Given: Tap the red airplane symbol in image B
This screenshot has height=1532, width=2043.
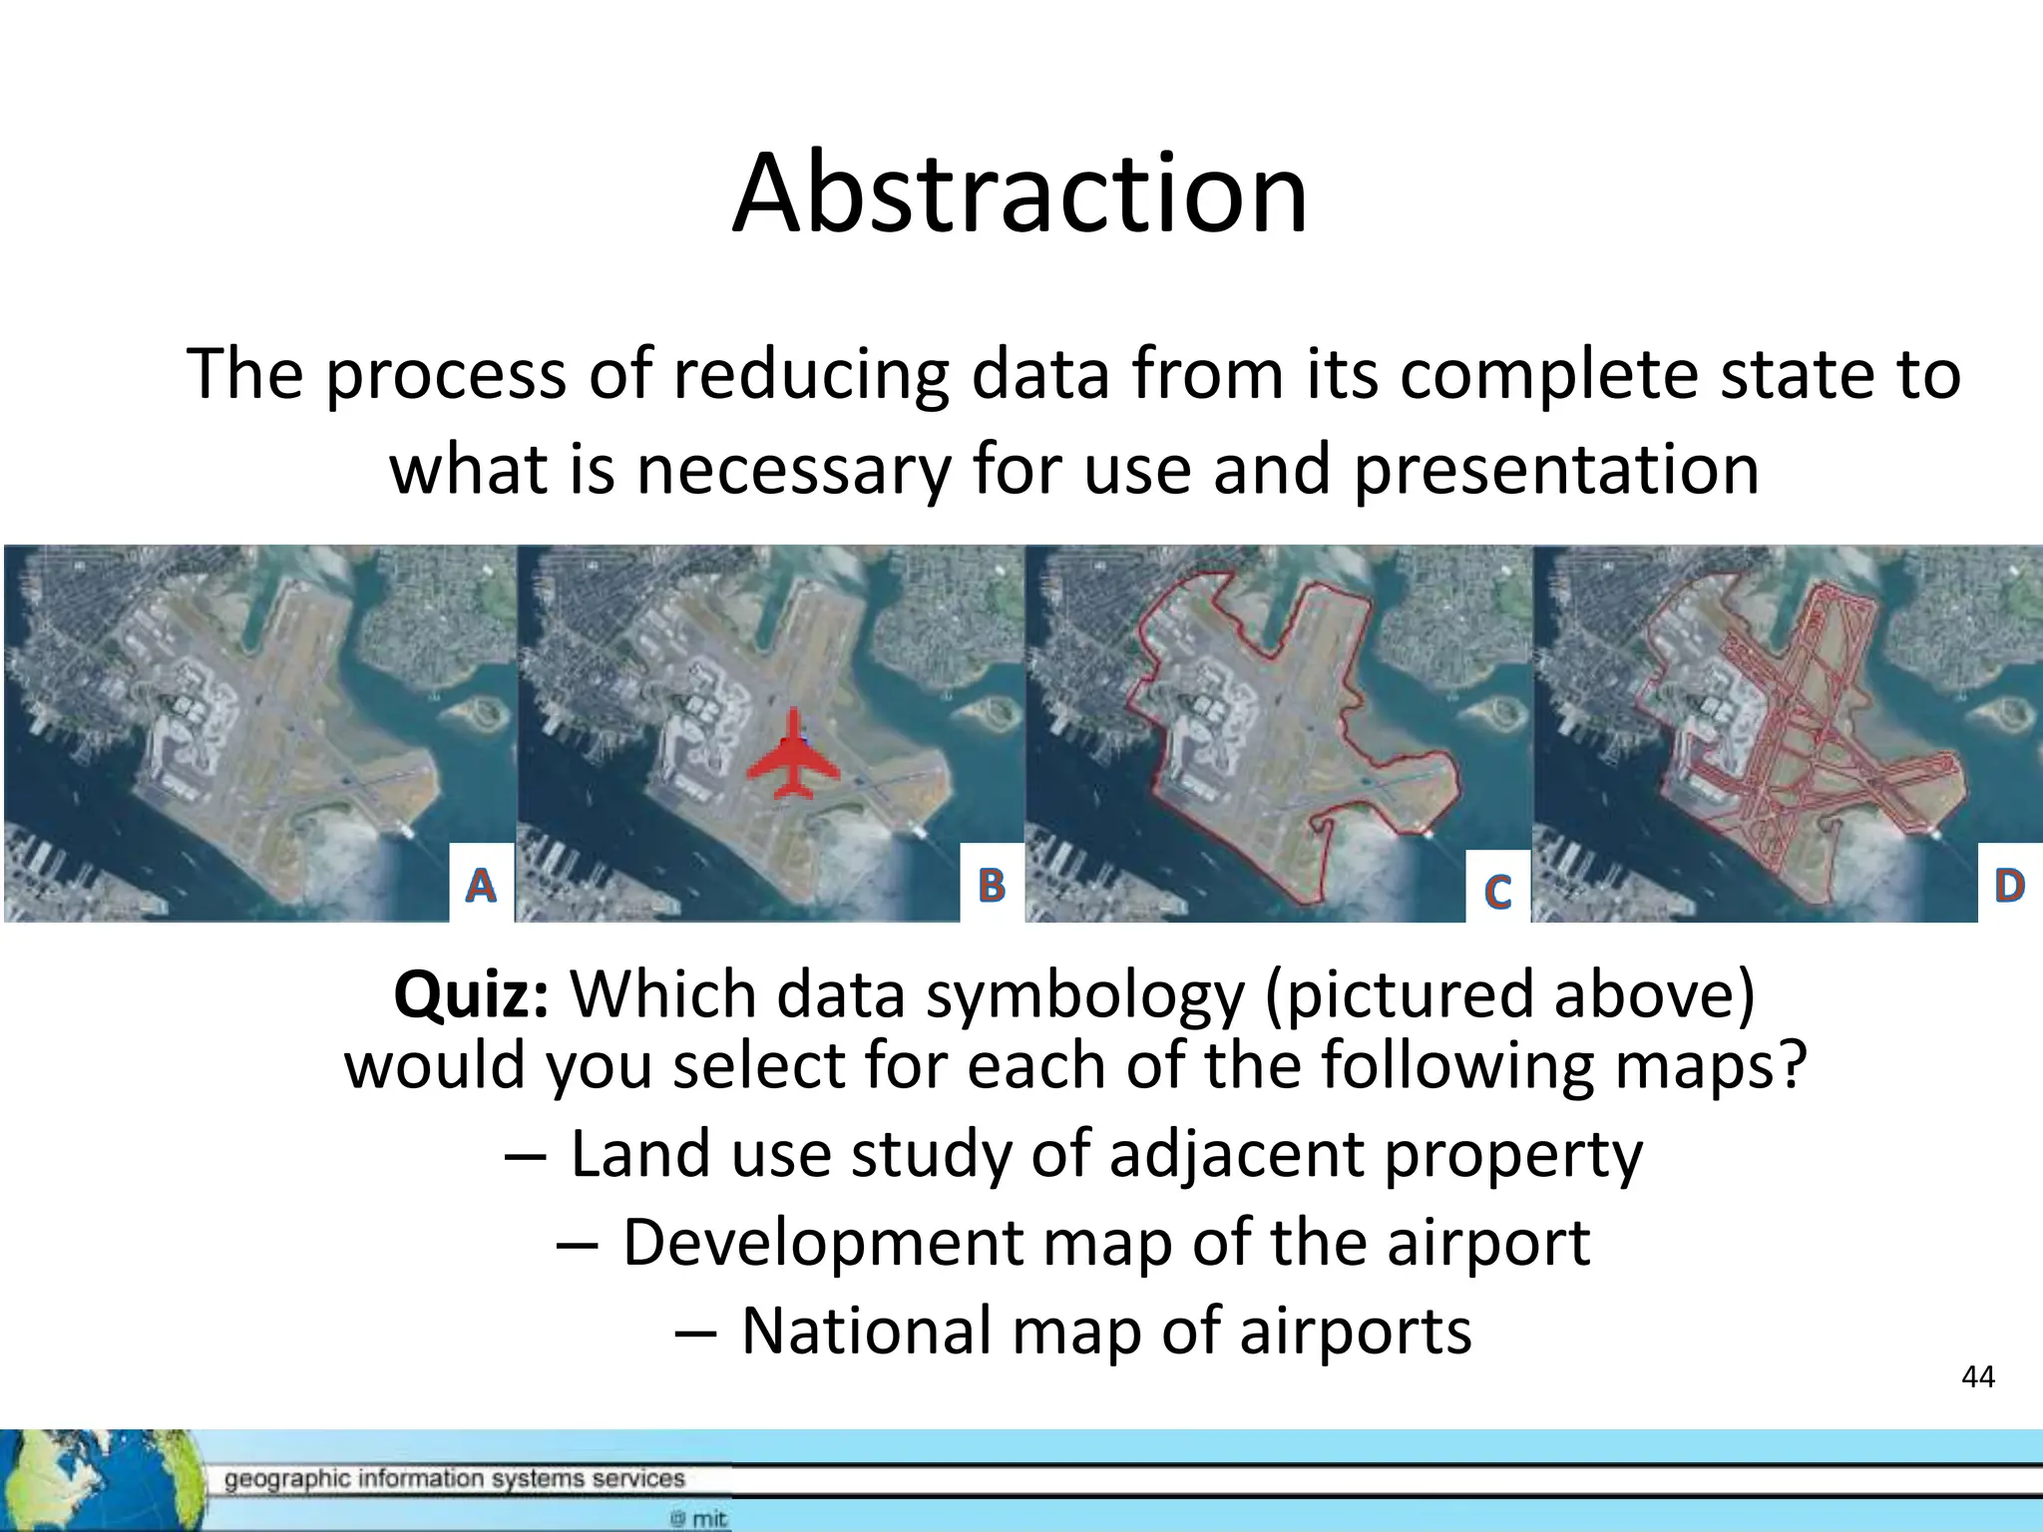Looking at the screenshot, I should pos(793,755).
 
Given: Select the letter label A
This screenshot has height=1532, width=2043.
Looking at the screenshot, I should pos(481,885).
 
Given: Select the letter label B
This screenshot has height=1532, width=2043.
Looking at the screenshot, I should pos(992,885).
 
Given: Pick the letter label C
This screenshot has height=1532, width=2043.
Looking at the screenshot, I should pos(1497,891).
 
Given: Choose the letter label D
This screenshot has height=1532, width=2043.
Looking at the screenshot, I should pos(2009,885).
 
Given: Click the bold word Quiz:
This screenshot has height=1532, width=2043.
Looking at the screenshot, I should pos(471,994).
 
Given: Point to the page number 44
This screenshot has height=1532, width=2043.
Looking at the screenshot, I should pos(1977,1377).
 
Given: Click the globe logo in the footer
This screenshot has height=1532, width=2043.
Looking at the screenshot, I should pos(95,1479).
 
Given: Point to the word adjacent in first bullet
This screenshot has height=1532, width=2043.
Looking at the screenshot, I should pos(1235,1154).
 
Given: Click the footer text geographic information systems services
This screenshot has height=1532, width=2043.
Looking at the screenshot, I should pos(454,1478).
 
